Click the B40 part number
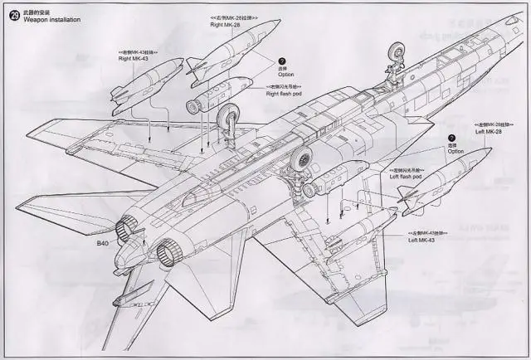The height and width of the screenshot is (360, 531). coord(103,243)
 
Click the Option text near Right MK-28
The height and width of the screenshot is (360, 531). coord(286,74)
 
